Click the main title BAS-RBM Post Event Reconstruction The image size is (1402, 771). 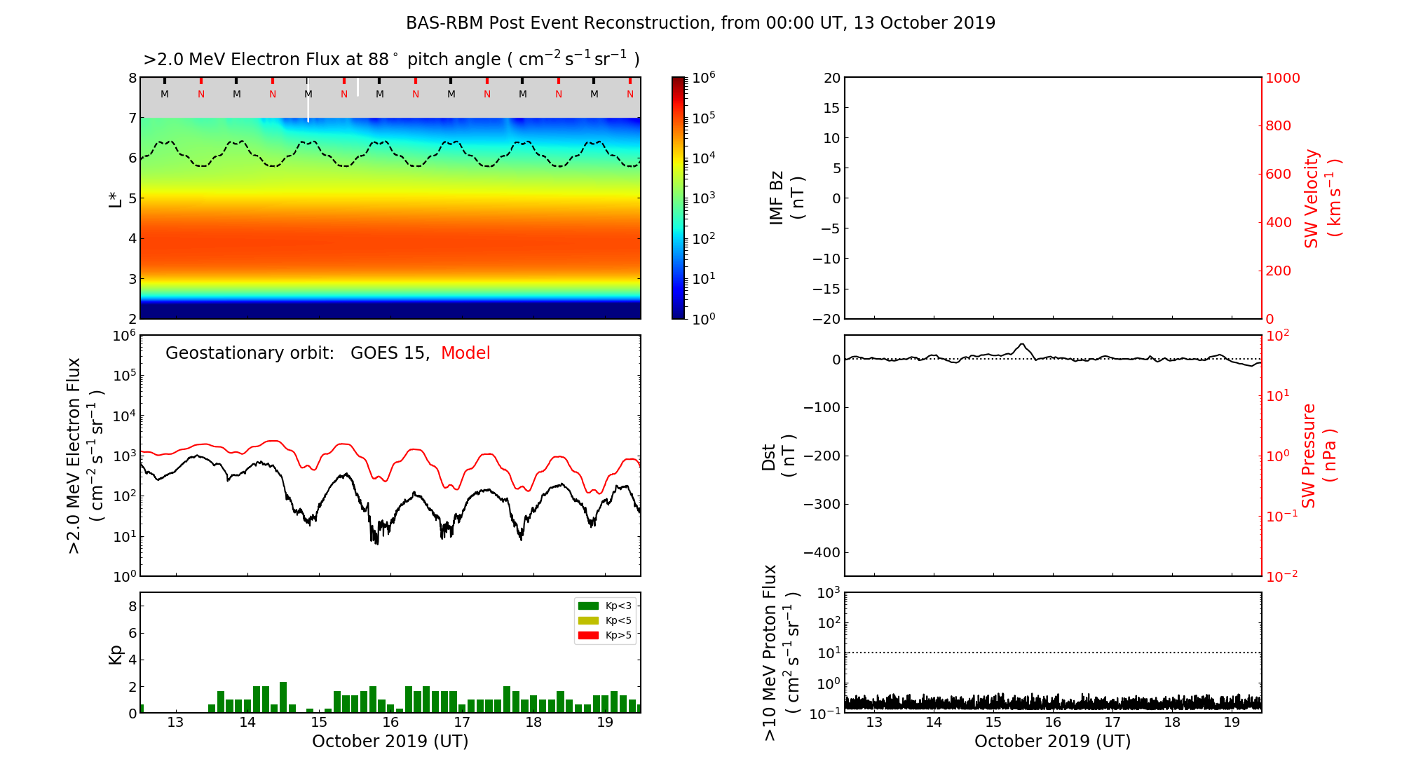coord(700,23)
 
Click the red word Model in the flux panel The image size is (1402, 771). coord(465,353)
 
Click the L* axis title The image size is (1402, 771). coord(115,198)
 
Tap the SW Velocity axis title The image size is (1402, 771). coord(1322,198)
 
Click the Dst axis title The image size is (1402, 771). coord(778,456)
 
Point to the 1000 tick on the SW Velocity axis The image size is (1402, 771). coord(1282,78)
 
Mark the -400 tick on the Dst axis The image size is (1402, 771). coord(822,552)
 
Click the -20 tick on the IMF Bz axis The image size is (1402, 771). coord(826,319)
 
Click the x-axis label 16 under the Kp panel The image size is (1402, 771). coord(390,723)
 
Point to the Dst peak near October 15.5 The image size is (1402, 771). coord(1022,344)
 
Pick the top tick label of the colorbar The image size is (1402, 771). coord(703,78)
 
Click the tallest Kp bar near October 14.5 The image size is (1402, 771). coord(283,697)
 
